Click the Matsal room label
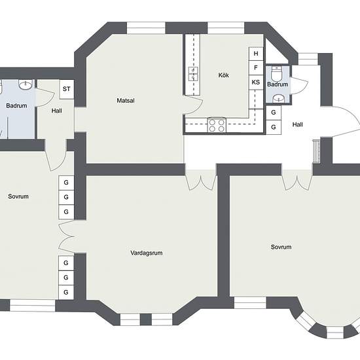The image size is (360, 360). [x=126, y=101]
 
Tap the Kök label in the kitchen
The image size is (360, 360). [x=224, y=75]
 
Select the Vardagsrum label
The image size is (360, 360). [x=147, y=253]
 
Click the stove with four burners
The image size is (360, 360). [x=217, y=125]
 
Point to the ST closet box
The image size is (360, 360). [x=67, y=89]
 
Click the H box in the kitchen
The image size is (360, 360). [x=256, y=54]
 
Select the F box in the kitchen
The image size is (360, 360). [x=256, y=67]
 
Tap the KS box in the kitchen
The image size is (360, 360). [x=256, y=82]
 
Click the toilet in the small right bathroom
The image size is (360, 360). [x=277, y=73]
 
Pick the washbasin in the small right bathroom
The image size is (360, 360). [x=279, y=99]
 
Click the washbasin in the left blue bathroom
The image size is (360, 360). [x=26, y=84]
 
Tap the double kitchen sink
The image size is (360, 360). [x=193, y=74]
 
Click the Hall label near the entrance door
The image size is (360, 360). [x=298, y=124]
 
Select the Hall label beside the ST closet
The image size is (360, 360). [x=57, y=111]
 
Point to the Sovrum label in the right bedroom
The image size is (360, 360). [x=281, y=247]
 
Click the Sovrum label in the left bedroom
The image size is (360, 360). [x=18, y=196]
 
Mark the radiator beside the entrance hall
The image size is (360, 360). [x=317, y=152]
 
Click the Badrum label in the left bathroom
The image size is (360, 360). [x=16, y=106]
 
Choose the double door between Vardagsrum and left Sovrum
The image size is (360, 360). [x=67, y=237]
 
